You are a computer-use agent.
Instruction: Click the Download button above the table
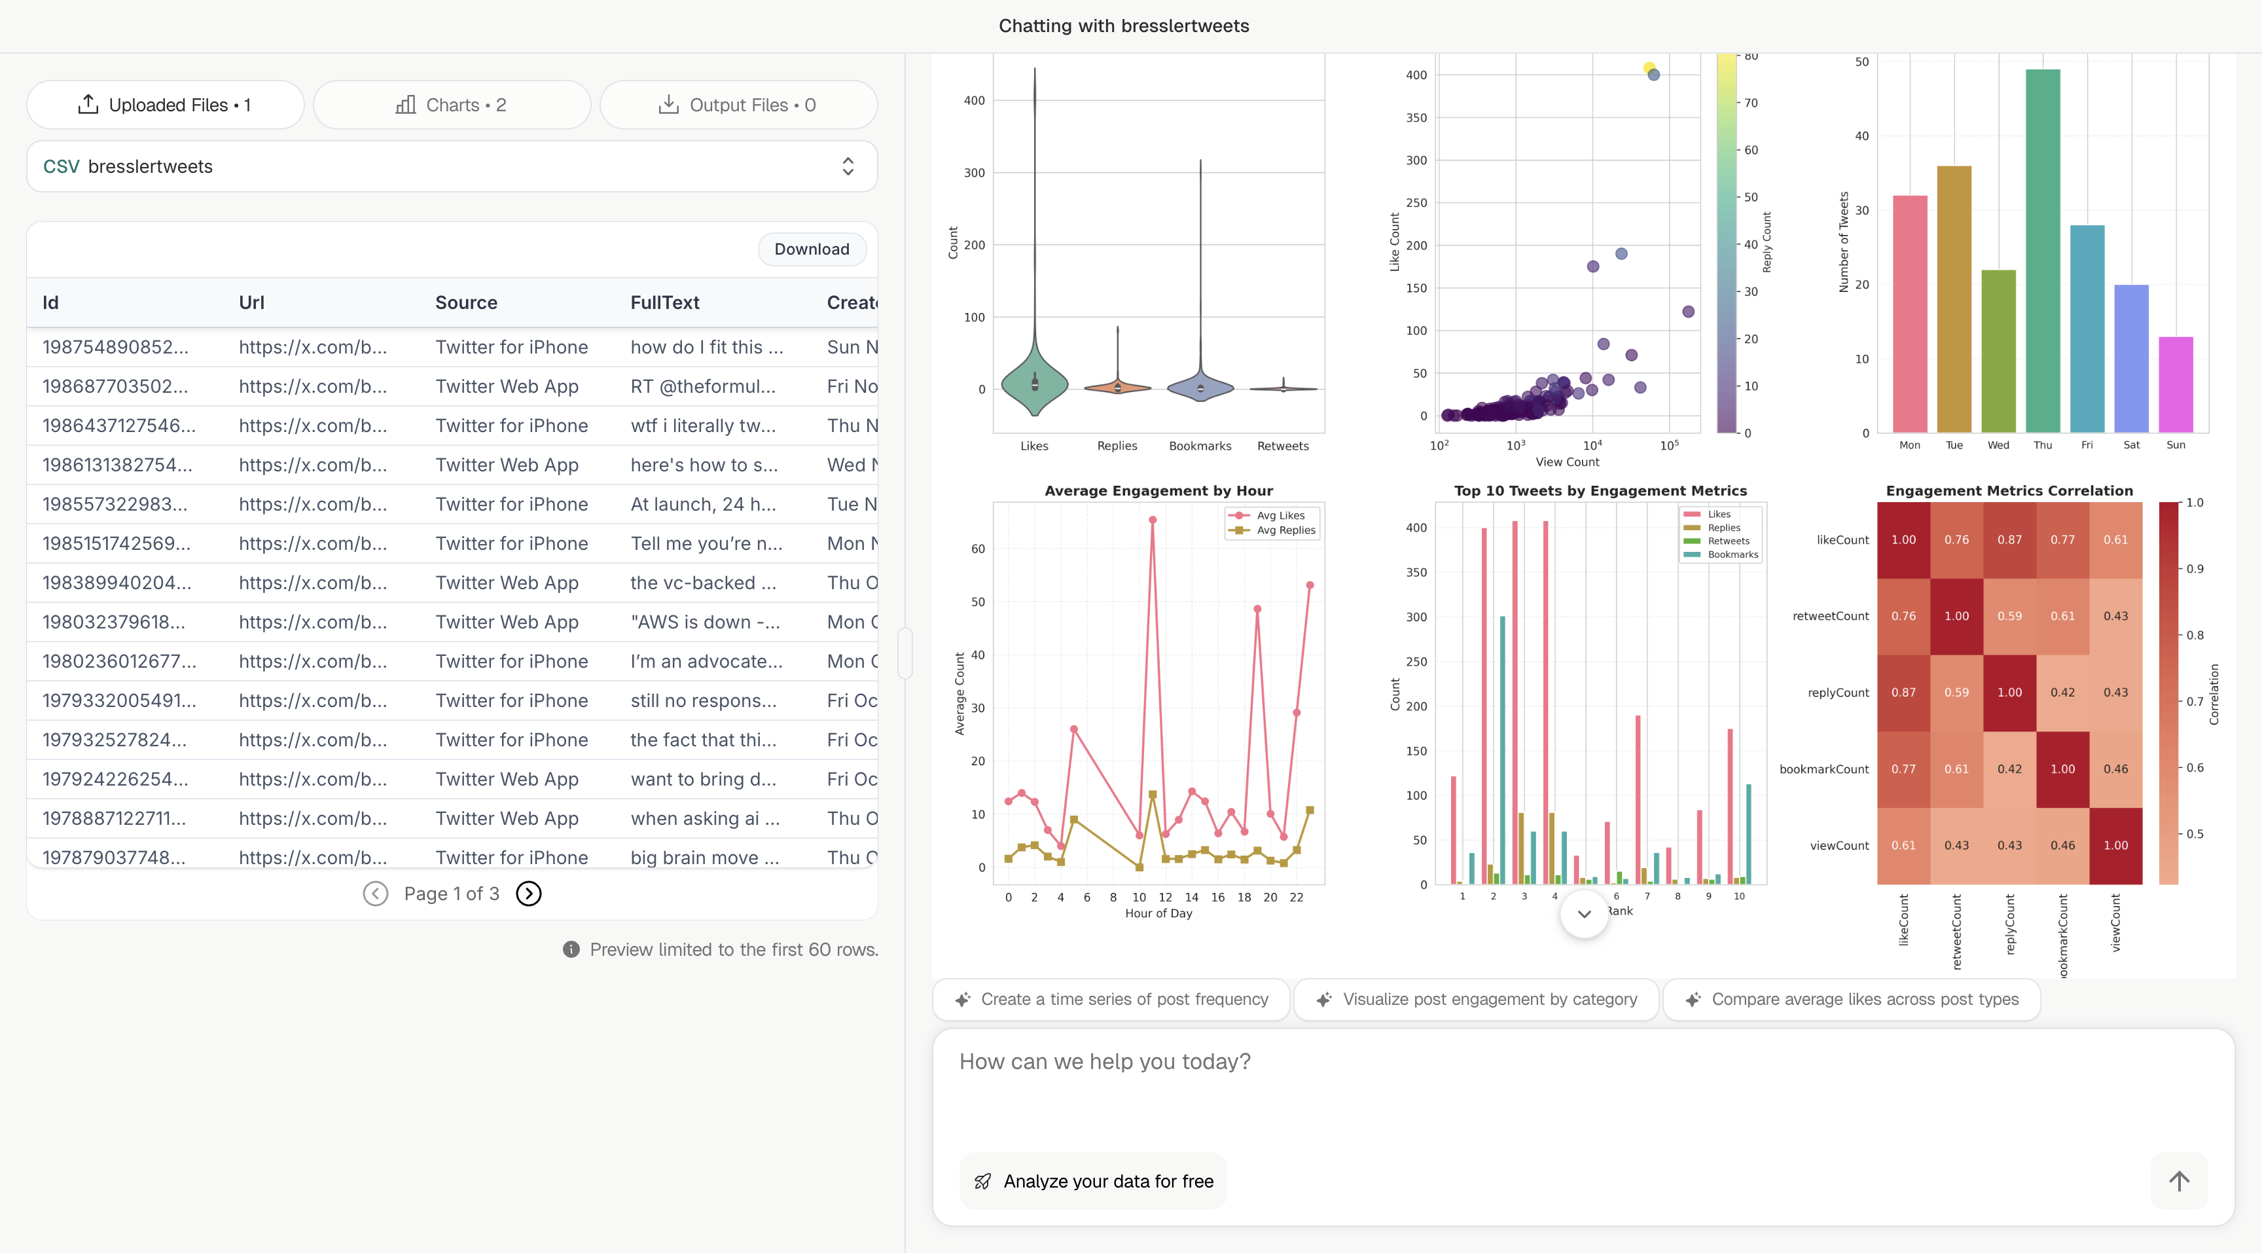click(812, 249)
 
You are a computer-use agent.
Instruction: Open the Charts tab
click(452, 105)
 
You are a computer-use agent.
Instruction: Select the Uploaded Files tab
click(165, 105)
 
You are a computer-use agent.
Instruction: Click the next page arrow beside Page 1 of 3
click(529, 894)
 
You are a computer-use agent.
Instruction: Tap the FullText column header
click(665, 303)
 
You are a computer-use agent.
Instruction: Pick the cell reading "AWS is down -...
click(704, 623)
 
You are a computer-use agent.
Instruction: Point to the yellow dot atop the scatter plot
click(1649, 67)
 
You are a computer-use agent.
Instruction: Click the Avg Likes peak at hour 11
click(1152, 520)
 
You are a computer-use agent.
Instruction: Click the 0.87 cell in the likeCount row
click(2009, 540)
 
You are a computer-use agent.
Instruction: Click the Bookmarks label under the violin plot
click(1200, 446)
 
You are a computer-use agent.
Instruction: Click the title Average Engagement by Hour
click(1158, 491)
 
